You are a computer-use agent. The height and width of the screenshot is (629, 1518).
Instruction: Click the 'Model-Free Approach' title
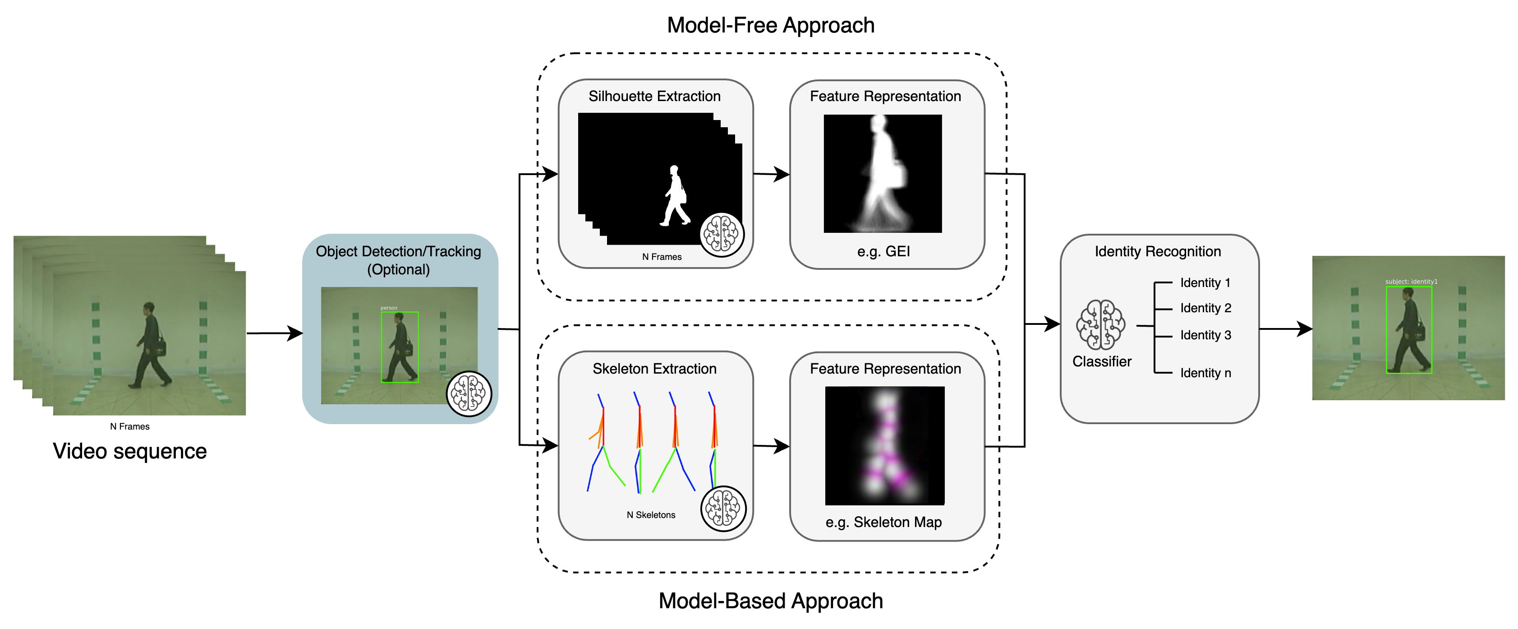tap(770, 25)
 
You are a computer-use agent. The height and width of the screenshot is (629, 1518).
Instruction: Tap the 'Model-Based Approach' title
tap(770, 601)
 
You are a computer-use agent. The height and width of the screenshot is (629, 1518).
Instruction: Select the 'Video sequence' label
tap(129, 451)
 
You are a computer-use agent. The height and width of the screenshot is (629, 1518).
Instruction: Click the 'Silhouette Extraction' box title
tap(654, 96)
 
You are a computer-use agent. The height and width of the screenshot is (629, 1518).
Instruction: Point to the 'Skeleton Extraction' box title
tap(654, 369)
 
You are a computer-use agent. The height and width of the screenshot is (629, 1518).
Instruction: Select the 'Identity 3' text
tap(1205, 335)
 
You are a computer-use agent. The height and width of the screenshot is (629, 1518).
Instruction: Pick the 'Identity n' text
tap(1205, 373)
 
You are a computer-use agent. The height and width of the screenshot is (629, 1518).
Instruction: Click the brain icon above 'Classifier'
tap(1100, 324)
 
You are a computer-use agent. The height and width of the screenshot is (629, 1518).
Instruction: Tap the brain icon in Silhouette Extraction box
tap(722, 235)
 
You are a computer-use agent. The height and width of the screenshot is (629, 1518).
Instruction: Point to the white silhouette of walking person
tap(675, 196)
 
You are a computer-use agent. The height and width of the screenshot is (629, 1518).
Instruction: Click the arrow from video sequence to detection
tap(274, 333)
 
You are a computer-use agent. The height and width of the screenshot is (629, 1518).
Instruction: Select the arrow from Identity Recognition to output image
tap(1285, 329)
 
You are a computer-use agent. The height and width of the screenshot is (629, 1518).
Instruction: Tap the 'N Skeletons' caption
tap(651, 515)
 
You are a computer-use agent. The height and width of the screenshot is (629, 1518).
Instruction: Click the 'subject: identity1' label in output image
tap(1411, 282)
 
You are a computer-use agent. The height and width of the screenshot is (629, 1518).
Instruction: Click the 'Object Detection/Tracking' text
tap(398, 252)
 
